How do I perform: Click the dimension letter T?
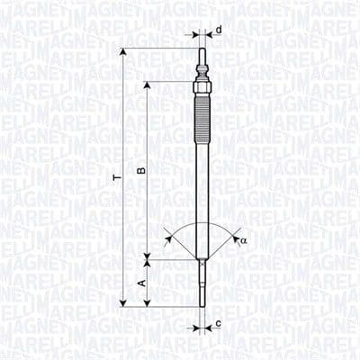[116, 179]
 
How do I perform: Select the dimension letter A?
[139, 283]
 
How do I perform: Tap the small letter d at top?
[219, 30]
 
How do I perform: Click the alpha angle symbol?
[243, 241]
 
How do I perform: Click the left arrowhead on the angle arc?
[167, 238]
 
